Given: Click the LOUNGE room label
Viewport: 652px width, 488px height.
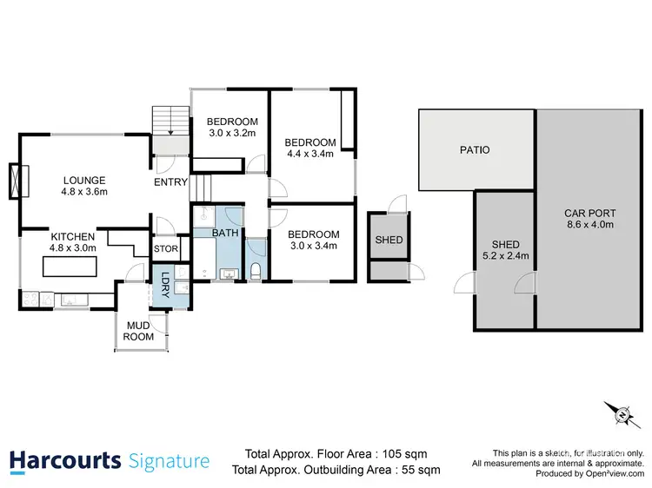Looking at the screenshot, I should tap(84, 181).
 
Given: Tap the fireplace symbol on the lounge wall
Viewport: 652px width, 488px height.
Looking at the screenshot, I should tap(17, 181).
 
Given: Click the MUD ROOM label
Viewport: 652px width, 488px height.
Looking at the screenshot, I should tap(138, 331).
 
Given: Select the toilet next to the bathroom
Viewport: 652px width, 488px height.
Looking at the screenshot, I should tap(256, 272).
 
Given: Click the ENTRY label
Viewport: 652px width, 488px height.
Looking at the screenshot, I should tap(170, 182).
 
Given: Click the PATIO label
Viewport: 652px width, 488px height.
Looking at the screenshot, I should tap(475, 150).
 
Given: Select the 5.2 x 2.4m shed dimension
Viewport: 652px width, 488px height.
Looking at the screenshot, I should tap(505, 256).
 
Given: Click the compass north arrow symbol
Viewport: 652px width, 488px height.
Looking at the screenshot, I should tap(622, 416).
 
